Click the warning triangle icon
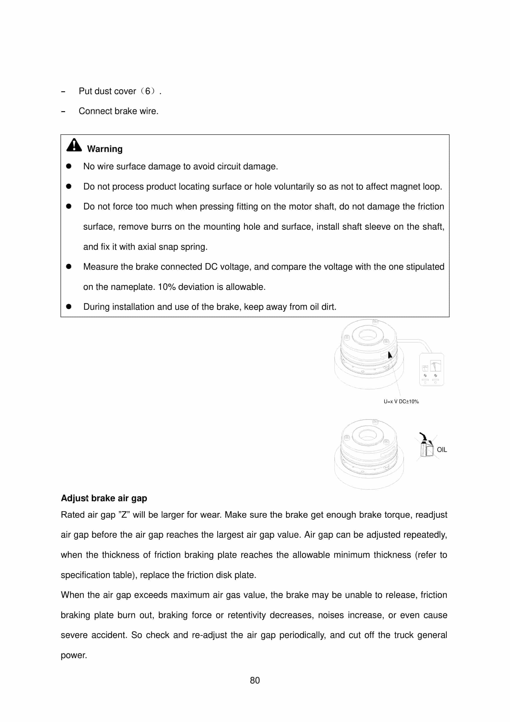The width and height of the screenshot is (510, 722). [x=74, y=145]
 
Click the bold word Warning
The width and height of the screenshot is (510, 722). [x=104, y=149]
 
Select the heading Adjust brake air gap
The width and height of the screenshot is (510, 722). [x=104, y=498]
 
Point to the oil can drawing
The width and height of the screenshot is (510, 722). [x=426, y=447]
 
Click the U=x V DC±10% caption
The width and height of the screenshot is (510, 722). [x=401, y=402]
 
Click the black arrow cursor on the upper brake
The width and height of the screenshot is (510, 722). [x=390, y=355]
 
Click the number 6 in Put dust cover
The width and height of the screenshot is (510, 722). [x=148, y=91]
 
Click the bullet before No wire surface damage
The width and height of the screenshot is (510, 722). [x=69, y=166]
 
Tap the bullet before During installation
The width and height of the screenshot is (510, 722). [x=69, y=307]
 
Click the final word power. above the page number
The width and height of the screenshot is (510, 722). [x=74, y=655]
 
